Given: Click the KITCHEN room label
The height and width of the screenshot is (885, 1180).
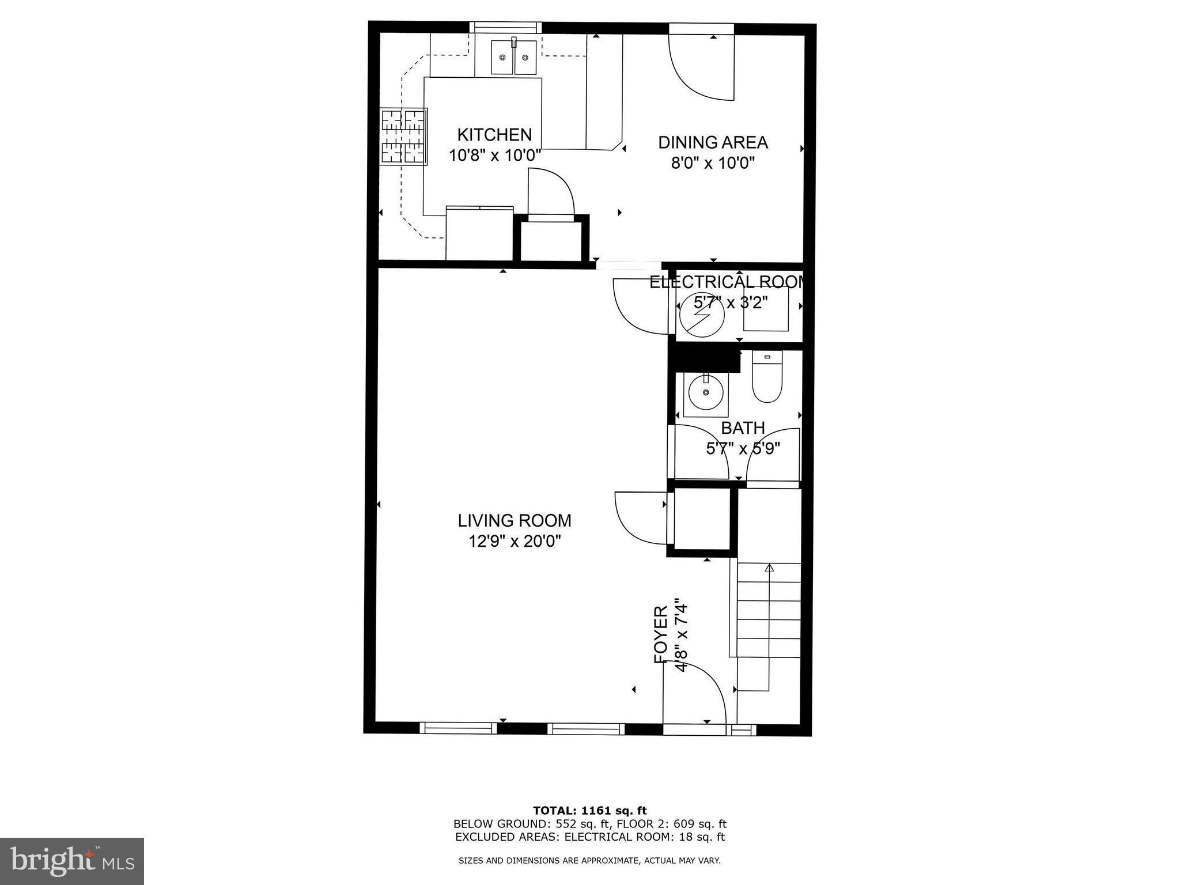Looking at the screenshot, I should coord(494,135).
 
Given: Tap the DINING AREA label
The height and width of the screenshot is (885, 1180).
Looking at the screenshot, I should coord(713,142).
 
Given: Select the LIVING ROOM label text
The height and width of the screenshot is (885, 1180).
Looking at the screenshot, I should coord(515,521).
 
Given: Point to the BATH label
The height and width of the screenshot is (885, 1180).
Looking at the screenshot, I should coord(743,428).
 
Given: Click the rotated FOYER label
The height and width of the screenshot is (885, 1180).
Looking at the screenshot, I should coord(661,634).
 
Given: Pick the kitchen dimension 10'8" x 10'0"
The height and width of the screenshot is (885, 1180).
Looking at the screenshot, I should coord(495,156).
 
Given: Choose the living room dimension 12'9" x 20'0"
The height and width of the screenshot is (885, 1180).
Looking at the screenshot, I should coord(515,542).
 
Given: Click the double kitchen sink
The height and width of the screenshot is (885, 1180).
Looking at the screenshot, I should coord(513,57).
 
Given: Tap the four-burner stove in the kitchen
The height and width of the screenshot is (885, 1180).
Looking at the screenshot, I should coord(403,137).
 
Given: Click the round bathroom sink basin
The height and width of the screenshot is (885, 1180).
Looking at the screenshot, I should coord(706,392).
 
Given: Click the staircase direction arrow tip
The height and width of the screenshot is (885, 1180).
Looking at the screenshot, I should coord(769,568).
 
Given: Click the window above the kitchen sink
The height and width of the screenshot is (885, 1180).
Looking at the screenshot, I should coord(505,27).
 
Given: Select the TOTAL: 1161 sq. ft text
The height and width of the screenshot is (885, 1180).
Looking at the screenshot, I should coord(589,811).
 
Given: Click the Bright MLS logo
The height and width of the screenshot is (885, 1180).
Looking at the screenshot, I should coord(72,861).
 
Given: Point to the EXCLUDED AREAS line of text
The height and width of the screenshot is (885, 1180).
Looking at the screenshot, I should coord(589,837).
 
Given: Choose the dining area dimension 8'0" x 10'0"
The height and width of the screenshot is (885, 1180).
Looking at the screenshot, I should coord(713,163).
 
